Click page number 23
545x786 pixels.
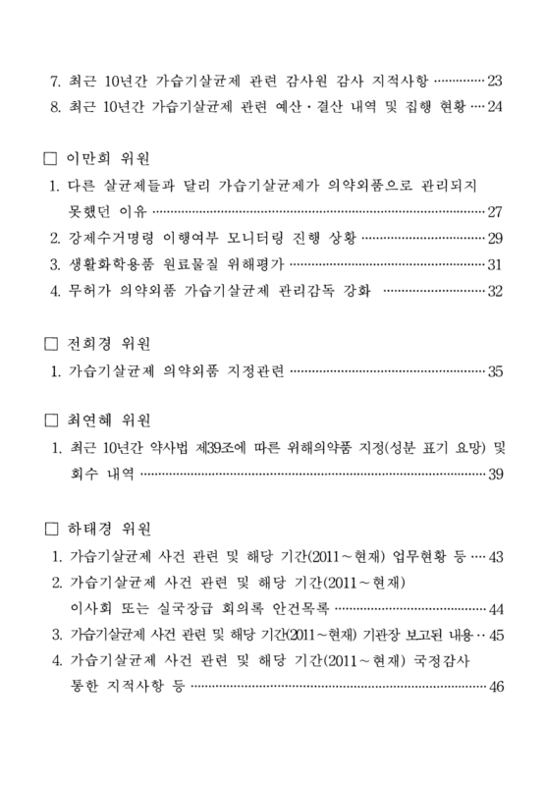[494, 81]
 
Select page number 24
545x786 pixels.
[494, 107]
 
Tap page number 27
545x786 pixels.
[494, 211]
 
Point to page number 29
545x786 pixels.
[494, 238]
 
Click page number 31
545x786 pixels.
[494, 264]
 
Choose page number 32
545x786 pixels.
[494, 291]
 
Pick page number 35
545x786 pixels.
[494, 371]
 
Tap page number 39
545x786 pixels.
[494, 477]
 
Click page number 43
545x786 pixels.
[494, 557]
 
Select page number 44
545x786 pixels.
[494, 609]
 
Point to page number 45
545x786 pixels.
[494, 635]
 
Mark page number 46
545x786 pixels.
[494, 687]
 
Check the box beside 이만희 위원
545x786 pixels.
[53, 158]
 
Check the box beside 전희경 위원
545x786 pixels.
[53, 345]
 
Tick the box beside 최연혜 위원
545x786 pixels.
[53, 423]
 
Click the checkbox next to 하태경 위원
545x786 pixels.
[53, 531]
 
